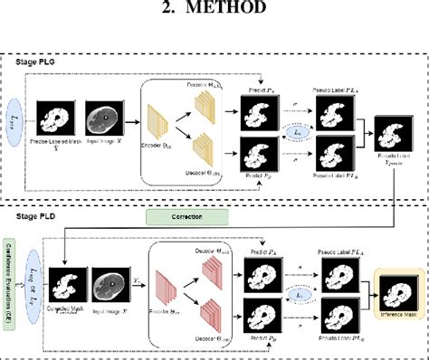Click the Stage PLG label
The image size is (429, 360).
41,62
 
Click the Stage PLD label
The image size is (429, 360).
41,217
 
